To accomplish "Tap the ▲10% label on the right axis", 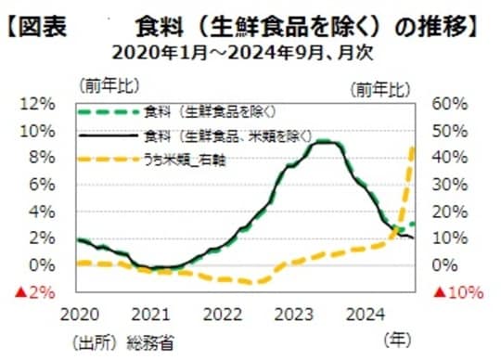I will click(x=460, y=293).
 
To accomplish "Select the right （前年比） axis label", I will click(x=379, y=89).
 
